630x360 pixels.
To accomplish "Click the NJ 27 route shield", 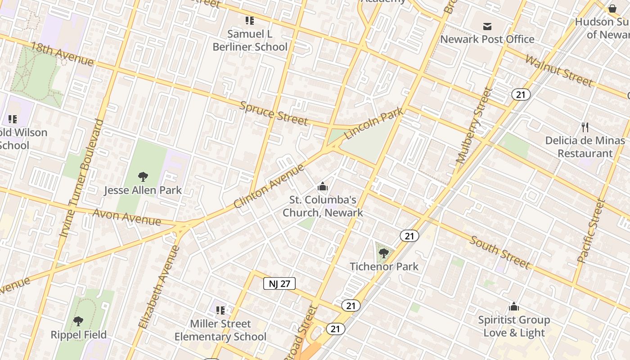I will pos(279,283).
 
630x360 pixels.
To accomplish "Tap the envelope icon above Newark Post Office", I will pos(487,27).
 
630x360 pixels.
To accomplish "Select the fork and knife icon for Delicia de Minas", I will pos(585,127).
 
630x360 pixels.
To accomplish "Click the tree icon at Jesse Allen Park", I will pos(143,177).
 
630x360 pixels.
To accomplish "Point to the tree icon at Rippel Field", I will pos(78,321).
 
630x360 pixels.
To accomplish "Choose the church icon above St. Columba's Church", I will pos(323,186).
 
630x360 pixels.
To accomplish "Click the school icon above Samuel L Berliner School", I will pos(250,21).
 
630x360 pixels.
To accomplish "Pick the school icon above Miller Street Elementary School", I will pos(220,310).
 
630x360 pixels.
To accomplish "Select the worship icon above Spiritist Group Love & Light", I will pos(514,307).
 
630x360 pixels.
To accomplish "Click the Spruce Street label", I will pos(274,113).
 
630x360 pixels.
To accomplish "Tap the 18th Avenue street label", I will pos(62,54).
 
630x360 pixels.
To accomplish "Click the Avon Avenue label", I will pos(126,217).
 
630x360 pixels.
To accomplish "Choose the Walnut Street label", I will pos(558,71).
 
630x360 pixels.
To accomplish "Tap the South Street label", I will pos(500,252).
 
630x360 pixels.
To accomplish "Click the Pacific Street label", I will pos(591,231).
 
